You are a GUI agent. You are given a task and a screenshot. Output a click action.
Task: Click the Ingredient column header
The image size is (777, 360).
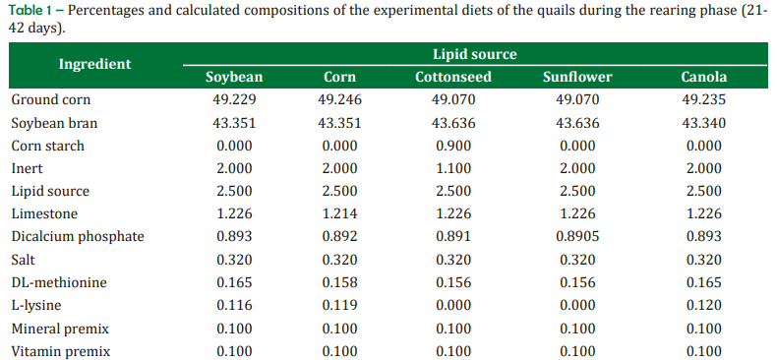[x=95, y=65]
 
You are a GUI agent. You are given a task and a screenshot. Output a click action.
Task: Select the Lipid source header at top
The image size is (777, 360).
[x=475, y=54]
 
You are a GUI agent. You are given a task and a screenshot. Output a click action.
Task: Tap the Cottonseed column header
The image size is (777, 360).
[x=453, y=78]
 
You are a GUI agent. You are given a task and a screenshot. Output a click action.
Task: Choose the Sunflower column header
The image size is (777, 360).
[x=577, y=78]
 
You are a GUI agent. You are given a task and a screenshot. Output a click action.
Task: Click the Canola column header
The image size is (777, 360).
[x=703, y=78]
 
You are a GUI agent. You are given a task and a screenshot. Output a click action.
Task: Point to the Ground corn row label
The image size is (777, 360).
[x=51, y=99]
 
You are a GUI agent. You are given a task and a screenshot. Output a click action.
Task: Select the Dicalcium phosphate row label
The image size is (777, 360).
[x=78, y=236]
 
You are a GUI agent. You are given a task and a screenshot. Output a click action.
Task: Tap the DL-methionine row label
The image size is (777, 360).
[x=59, y=282]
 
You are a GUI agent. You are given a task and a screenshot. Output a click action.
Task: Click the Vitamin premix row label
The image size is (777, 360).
[x=61, y=352]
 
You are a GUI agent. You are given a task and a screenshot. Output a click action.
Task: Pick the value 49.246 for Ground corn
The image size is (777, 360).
[x=340, y=99]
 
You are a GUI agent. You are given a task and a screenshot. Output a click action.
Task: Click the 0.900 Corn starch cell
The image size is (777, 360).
[x=453, y=146]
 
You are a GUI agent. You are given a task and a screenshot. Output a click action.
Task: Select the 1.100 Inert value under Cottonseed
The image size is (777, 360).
[x=453, y=168]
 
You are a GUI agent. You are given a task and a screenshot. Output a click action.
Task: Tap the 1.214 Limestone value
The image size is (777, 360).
[x=340, y=214]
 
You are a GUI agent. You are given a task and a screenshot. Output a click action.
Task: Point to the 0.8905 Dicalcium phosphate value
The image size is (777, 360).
[x=577, y=236]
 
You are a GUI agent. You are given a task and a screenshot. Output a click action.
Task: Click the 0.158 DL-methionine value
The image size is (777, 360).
[x=340, y=282]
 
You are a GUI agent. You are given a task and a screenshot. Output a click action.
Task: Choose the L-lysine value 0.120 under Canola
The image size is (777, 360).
[x=703, y=305]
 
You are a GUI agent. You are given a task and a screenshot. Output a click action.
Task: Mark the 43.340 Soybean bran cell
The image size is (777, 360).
[x=703, y=123]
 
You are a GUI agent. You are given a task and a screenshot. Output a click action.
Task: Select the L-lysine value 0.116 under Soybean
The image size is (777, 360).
[x=234, y=305]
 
